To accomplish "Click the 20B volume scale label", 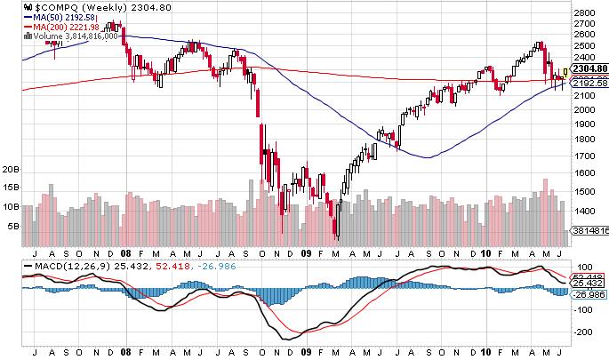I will coord(12,168).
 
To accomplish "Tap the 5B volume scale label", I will coord(13,227).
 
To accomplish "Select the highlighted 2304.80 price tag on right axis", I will coord(588,68).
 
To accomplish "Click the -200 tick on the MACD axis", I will coord(583,332).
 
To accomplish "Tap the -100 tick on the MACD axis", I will coord(583,309).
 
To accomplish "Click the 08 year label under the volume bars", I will coord(126,251).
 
